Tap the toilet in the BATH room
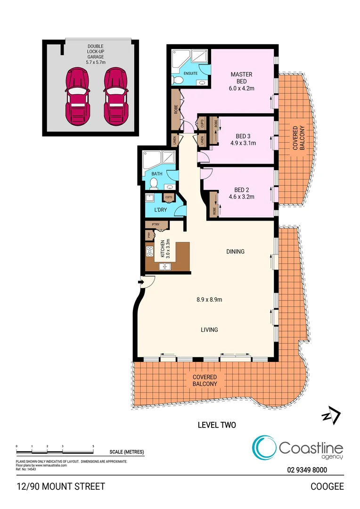[153, 184]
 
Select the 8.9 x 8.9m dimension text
[209, 299]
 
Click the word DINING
[235, 252]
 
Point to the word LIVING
[209, 330]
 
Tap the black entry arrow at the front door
[140, 282]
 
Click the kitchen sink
[165, 267]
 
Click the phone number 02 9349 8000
[307, 469]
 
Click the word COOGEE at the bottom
[327, 486]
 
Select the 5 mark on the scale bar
[93, 446]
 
